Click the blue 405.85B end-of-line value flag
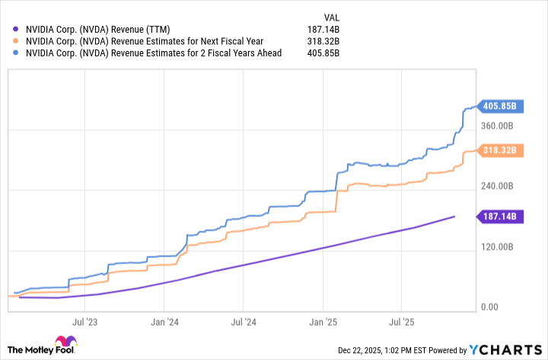(x=500, y=106)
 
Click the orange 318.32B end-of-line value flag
(x=500, y=150)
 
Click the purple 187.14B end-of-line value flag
(x=500, y=217)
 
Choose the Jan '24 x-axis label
(x=165, y=322)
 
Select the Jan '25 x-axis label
(x=324, y=322)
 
